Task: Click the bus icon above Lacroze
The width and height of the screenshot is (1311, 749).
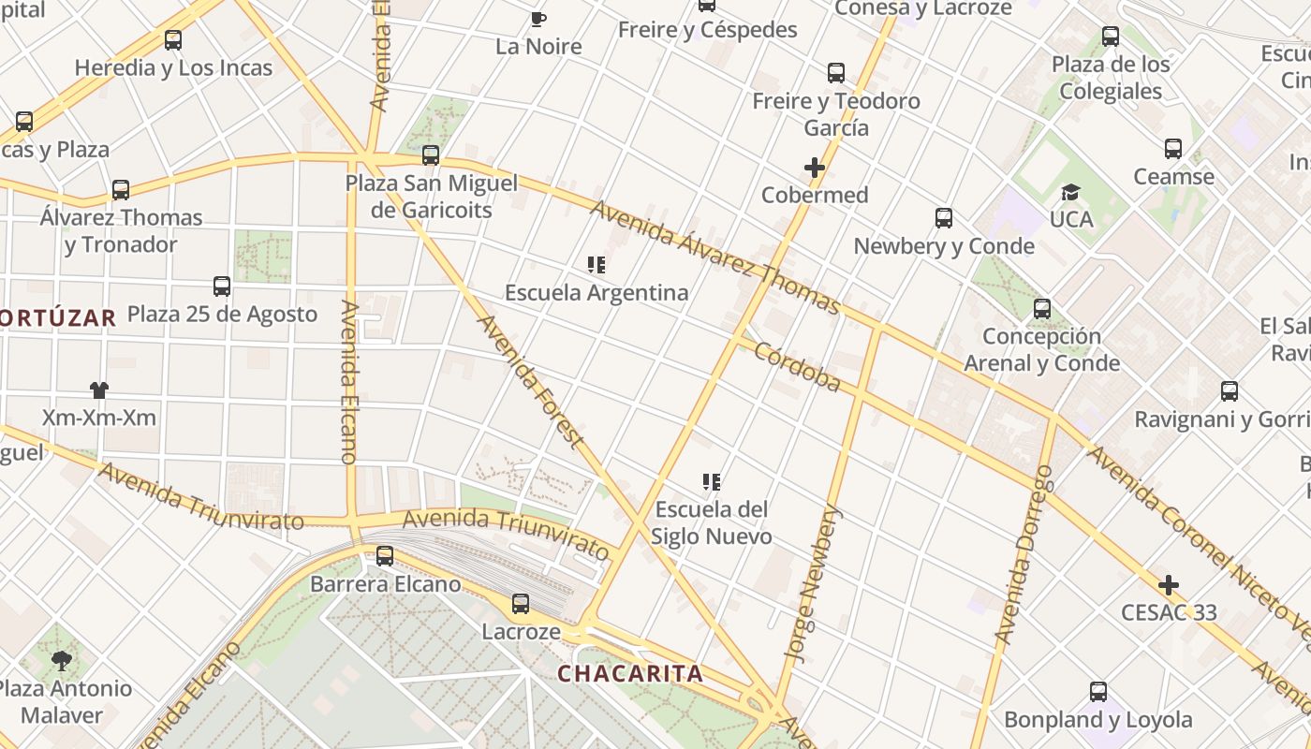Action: click(521, 604)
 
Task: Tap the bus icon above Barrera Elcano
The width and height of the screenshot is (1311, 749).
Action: click(385, 556)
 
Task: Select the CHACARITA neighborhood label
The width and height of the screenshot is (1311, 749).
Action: click(630, 673)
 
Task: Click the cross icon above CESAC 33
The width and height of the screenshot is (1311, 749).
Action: click(1169, 585)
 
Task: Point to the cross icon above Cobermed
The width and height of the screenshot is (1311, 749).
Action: click(815, 168)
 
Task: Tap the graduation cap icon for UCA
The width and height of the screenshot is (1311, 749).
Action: click(1070, 192)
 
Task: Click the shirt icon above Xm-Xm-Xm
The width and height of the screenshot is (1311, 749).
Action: click(99, 389)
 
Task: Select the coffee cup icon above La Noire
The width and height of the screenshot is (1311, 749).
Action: click(538, 19)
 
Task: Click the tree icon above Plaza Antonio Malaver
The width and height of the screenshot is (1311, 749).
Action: click(62, 661)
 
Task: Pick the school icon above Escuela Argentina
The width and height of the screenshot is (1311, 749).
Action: click(597, 265)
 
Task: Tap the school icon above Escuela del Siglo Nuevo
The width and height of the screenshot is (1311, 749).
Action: click(712, 482)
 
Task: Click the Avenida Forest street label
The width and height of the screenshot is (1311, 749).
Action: click(532, 381)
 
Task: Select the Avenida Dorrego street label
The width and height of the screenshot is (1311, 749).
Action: click(1024, 554)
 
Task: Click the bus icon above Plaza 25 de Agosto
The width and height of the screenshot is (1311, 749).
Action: click(222, 286)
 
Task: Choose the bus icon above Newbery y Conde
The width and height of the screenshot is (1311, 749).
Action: click(944, 218)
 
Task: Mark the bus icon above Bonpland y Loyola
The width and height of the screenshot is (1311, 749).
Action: click(1098, 692)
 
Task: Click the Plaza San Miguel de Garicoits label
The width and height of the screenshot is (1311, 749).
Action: click(432, 197)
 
